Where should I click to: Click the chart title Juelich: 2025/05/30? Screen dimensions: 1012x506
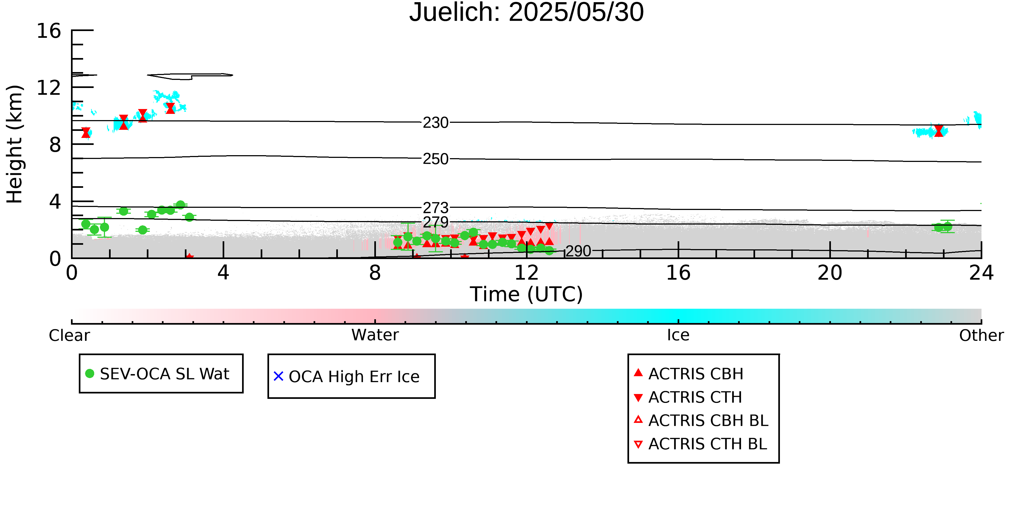click(x=527, y=13)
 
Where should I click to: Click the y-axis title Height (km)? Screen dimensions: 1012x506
click(x=15, y=144)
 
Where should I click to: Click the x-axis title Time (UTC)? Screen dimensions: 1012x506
click(x=527, y=294)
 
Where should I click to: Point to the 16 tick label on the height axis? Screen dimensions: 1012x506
click(x=49, y=31)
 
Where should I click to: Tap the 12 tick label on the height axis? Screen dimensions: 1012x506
click(x=49, y=88)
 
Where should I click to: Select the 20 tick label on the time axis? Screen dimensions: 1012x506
click(x=830, y=273)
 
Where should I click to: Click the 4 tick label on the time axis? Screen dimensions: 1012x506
click(x=223, y=273)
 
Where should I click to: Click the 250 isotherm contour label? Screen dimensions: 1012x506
click(x=435, y=159)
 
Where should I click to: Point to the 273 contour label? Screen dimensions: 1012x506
click(x=435, y=208)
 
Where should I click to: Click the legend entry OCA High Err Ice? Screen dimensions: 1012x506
click(x=347, y=376)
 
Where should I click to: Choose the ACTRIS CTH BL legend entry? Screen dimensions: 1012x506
click(x=701, y=444)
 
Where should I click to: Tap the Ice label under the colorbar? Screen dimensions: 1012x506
click(x=678, y=335)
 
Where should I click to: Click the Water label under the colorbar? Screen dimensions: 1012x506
click(x=375, y=335)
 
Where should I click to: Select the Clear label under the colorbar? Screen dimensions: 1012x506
click(x=69, y=335)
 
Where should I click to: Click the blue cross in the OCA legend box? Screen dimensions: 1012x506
click(x=279, y=376)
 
